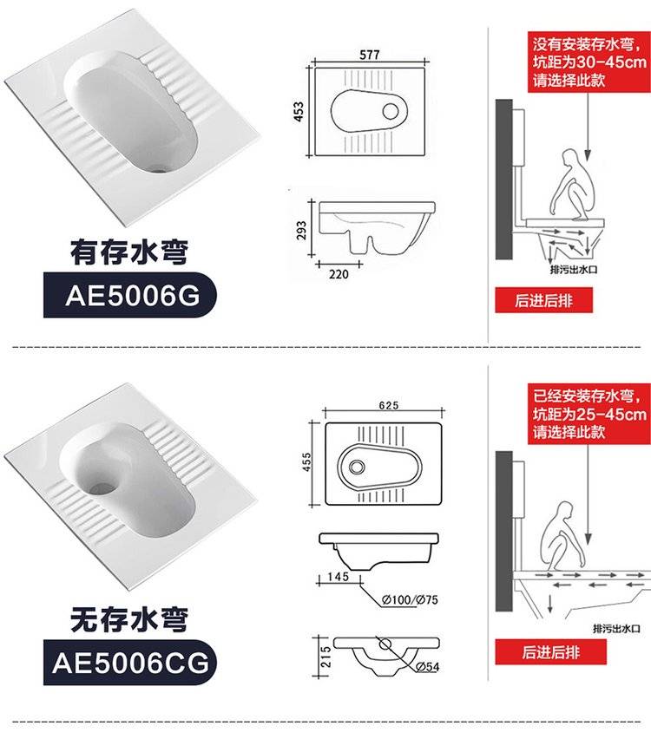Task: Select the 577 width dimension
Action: click(x=370, y=55)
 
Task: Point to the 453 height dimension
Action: click(x=299, y=112)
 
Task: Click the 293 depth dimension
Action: click(x=301, y=230)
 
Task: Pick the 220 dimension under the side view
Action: click(x=339, y=274)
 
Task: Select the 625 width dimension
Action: click(x=389, y=405)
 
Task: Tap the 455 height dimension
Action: click(x=306, y=461)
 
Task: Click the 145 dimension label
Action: click(x=339, y=576)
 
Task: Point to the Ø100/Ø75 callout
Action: click(x=410, y=599)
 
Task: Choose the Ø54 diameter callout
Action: click(x=428, y=666)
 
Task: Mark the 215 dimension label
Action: click(x=325, y=657)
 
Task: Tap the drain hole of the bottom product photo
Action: click(x=104, y=488)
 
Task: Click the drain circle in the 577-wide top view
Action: click(x=391, y=111)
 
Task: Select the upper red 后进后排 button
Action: click(x=543, y=300)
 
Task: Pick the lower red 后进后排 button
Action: click(x=550, y=651)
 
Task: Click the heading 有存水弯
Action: click(x=129, y=252)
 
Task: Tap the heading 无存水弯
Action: click(x=129, y=619)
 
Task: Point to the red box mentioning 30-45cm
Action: click(x=589, y=62)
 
